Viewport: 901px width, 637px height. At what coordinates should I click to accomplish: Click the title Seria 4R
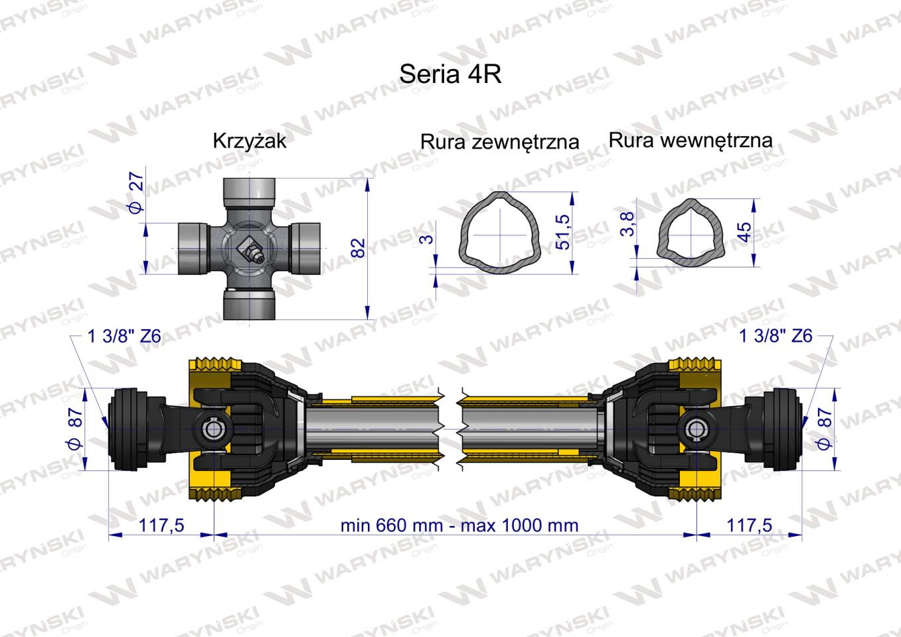click(450, 74)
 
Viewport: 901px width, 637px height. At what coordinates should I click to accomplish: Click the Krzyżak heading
click(249, 141)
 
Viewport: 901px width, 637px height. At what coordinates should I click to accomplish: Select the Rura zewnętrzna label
click(499, 141)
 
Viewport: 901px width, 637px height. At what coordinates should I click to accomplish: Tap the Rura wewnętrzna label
click(690, 140)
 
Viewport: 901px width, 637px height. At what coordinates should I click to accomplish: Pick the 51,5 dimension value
click(562, 232)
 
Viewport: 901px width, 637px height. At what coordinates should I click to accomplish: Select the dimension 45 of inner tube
click(745, 232)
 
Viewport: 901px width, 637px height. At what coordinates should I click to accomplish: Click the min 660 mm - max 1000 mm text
click(459, 526)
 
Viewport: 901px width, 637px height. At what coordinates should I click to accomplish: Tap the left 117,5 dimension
click(161, 526)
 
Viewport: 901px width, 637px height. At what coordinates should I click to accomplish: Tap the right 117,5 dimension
click(749, 526)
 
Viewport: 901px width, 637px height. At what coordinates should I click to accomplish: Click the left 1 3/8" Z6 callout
click(124, 336)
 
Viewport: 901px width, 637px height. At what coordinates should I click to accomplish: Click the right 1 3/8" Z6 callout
click(776, 336)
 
